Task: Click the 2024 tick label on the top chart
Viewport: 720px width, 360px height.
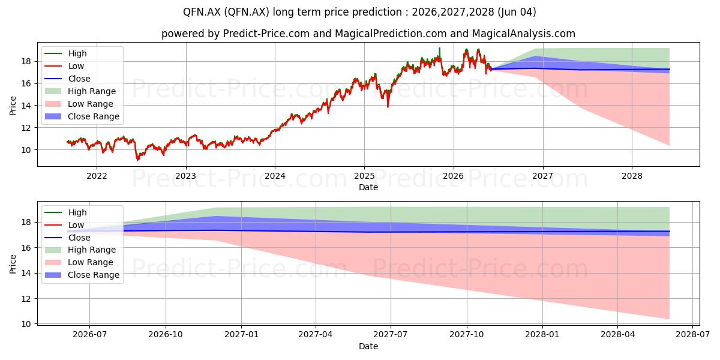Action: coord(275,176)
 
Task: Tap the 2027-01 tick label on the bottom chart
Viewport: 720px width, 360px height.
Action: coord(241,335)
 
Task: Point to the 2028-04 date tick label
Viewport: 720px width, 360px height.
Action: coord(617,335)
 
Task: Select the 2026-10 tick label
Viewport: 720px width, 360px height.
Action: coord(166,335)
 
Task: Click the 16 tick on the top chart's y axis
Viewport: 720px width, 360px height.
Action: coord(26,83)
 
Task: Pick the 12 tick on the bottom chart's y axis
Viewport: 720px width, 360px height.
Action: coord(26,299)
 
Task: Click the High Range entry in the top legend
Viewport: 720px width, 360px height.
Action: coord(80,91)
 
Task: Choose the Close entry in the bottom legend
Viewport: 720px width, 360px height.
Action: coord(67,238)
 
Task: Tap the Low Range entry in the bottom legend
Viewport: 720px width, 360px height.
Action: coord(79,262)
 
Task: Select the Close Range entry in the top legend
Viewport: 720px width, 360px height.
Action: coord(82,116)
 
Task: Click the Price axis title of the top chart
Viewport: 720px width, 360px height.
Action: coord(13,106)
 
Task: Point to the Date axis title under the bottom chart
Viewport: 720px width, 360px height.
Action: coord(368,346)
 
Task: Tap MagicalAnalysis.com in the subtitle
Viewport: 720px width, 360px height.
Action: coord(524,34)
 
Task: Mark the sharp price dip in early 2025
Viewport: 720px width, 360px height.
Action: coord(388,106)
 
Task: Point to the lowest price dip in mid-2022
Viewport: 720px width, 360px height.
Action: coord(137,160)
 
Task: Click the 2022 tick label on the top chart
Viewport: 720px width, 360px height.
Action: coord(97,176)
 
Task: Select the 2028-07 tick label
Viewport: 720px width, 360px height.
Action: coord(692,335)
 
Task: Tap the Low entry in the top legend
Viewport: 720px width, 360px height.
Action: coord(64,66)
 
